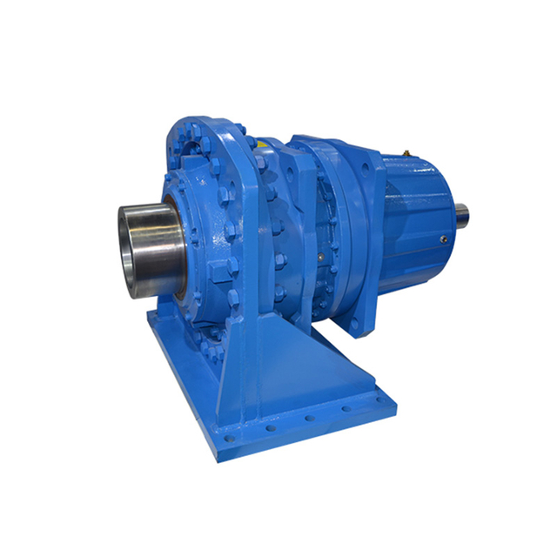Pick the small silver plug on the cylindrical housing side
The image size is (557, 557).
445,239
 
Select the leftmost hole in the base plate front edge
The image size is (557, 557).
228,438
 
